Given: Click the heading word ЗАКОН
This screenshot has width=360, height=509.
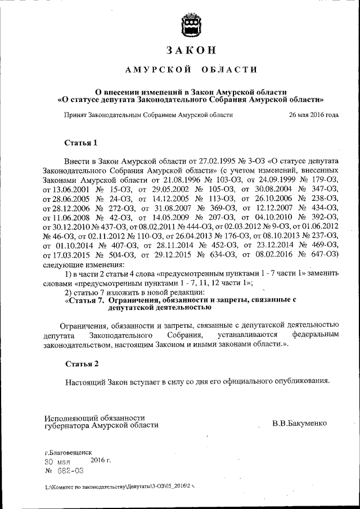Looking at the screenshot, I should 191,50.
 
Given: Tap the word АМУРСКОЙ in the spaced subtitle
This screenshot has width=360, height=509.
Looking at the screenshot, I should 152,70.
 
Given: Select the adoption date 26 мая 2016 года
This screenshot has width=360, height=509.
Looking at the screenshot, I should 313,115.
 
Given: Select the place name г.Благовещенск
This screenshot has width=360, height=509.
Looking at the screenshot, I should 67,452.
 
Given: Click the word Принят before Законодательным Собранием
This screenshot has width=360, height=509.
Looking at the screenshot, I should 74,115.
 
